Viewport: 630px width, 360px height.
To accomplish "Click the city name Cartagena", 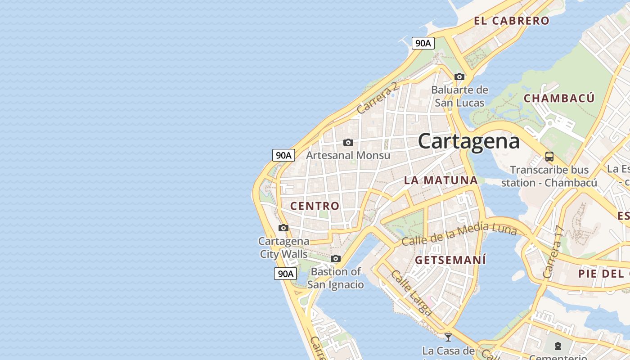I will click(468, 141).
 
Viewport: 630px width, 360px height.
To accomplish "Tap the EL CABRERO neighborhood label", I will click(512, 21).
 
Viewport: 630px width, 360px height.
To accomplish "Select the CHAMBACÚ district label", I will click(559, 98).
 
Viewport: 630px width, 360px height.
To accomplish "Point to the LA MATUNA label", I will click(441, 180).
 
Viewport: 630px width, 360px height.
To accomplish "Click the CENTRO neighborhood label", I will click(315, 206).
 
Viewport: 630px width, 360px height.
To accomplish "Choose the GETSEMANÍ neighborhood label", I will click(450, 260).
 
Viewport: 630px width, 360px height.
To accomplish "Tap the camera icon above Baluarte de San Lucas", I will click(459, 77).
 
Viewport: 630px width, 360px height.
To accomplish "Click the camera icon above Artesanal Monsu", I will click(348, 143).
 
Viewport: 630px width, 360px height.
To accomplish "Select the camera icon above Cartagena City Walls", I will click(283, 228).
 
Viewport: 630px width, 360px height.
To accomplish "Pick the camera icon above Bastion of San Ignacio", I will click(336, 259).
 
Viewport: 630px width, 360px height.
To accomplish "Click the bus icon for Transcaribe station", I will click(549, 157).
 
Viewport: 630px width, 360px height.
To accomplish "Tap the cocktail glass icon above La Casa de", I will click(448, 337).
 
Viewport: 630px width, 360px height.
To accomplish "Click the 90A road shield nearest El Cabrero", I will click(423, 43).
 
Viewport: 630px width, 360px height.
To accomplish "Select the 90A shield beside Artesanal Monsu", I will click(283, 155).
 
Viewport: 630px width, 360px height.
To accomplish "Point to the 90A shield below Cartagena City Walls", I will click(285, 274).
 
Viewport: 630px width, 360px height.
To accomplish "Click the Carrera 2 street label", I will click(378, 98).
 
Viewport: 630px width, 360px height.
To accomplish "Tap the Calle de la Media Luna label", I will click(459, 234).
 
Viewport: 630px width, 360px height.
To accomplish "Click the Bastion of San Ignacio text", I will click(336, 278).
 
